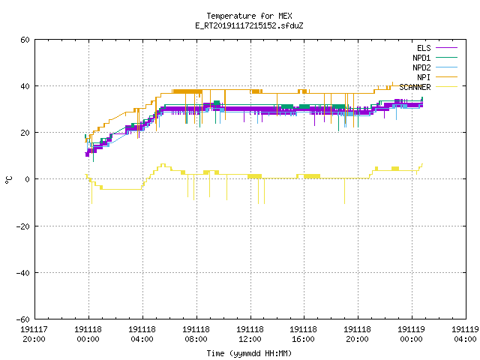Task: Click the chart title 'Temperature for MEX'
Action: tap(249, 16)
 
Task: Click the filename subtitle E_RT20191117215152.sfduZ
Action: tap(249, 25)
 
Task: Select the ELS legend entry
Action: tap(436, 48)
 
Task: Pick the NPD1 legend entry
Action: tap(435, 58)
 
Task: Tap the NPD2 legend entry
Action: tap(435, 67)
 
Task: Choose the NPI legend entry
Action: tap(436, 77)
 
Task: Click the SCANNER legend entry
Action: tap(428, 87)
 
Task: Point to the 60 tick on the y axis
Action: tap(25, 40)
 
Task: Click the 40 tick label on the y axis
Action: tap(25, 86)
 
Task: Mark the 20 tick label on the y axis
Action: tap(25, 133)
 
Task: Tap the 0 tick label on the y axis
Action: tap(28, 179)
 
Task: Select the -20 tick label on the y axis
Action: tap(23, 226)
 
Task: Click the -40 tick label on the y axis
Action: tap(23, 273)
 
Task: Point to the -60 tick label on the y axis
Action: tap(23, 319)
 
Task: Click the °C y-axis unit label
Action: tap(9, 180)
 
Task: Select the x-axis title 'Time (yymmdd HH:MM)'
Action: tap(249, 353)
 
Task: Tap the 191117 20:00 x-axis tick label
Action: tap(34, 334)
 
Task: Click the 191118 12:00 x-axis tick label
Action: tap(250, 334)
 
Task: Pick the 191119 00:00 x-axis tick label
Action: tap(412, 334)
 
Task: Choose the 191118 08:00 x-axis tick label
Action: tap(196, 334)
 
